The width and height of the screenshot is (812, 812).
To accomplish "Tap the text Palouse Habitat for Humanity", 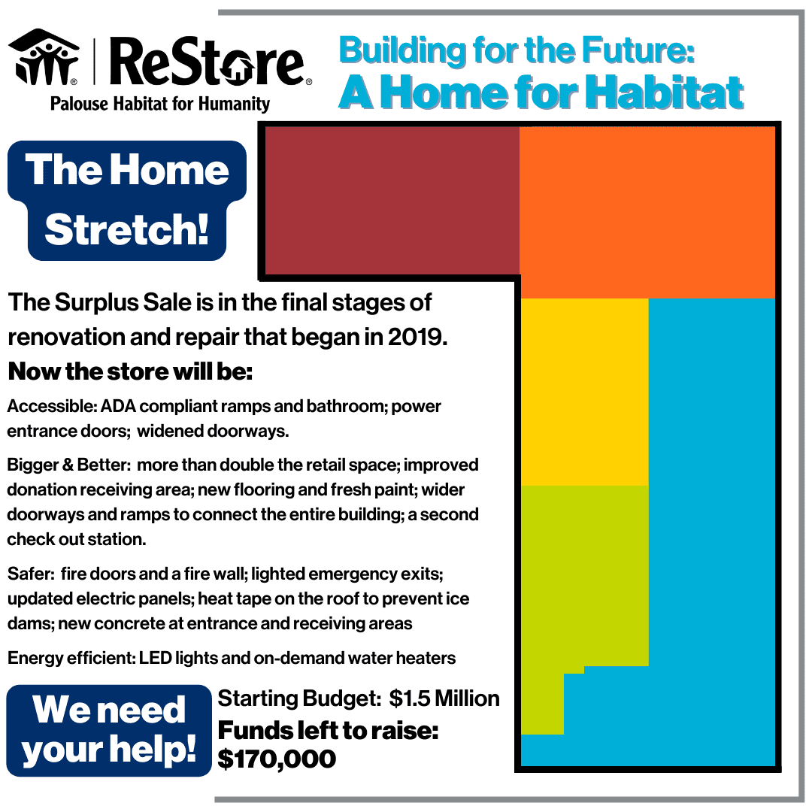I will click(x=159, y=103).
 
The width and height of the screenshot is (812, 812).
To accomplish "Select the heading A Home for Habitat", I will click(x=541, y=92).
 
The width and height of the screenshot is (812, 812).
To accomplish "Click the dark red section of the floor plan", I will click(x=392, y=200).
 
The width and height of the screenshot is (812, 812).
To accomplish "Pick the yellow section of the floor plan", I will click(x=584, y=392).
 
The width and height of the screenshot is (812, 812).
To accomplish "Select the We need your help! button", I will click(x=109, y=730).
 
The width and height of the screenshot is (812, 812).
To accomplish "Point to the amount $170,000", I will click(x=277, y=758).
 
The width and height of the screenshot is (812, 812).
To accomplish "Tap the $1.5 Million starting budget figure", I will click(x=444, y=698).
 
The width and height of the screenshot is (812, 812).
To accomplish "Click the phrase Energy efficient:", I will click(x=71, y=658).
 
